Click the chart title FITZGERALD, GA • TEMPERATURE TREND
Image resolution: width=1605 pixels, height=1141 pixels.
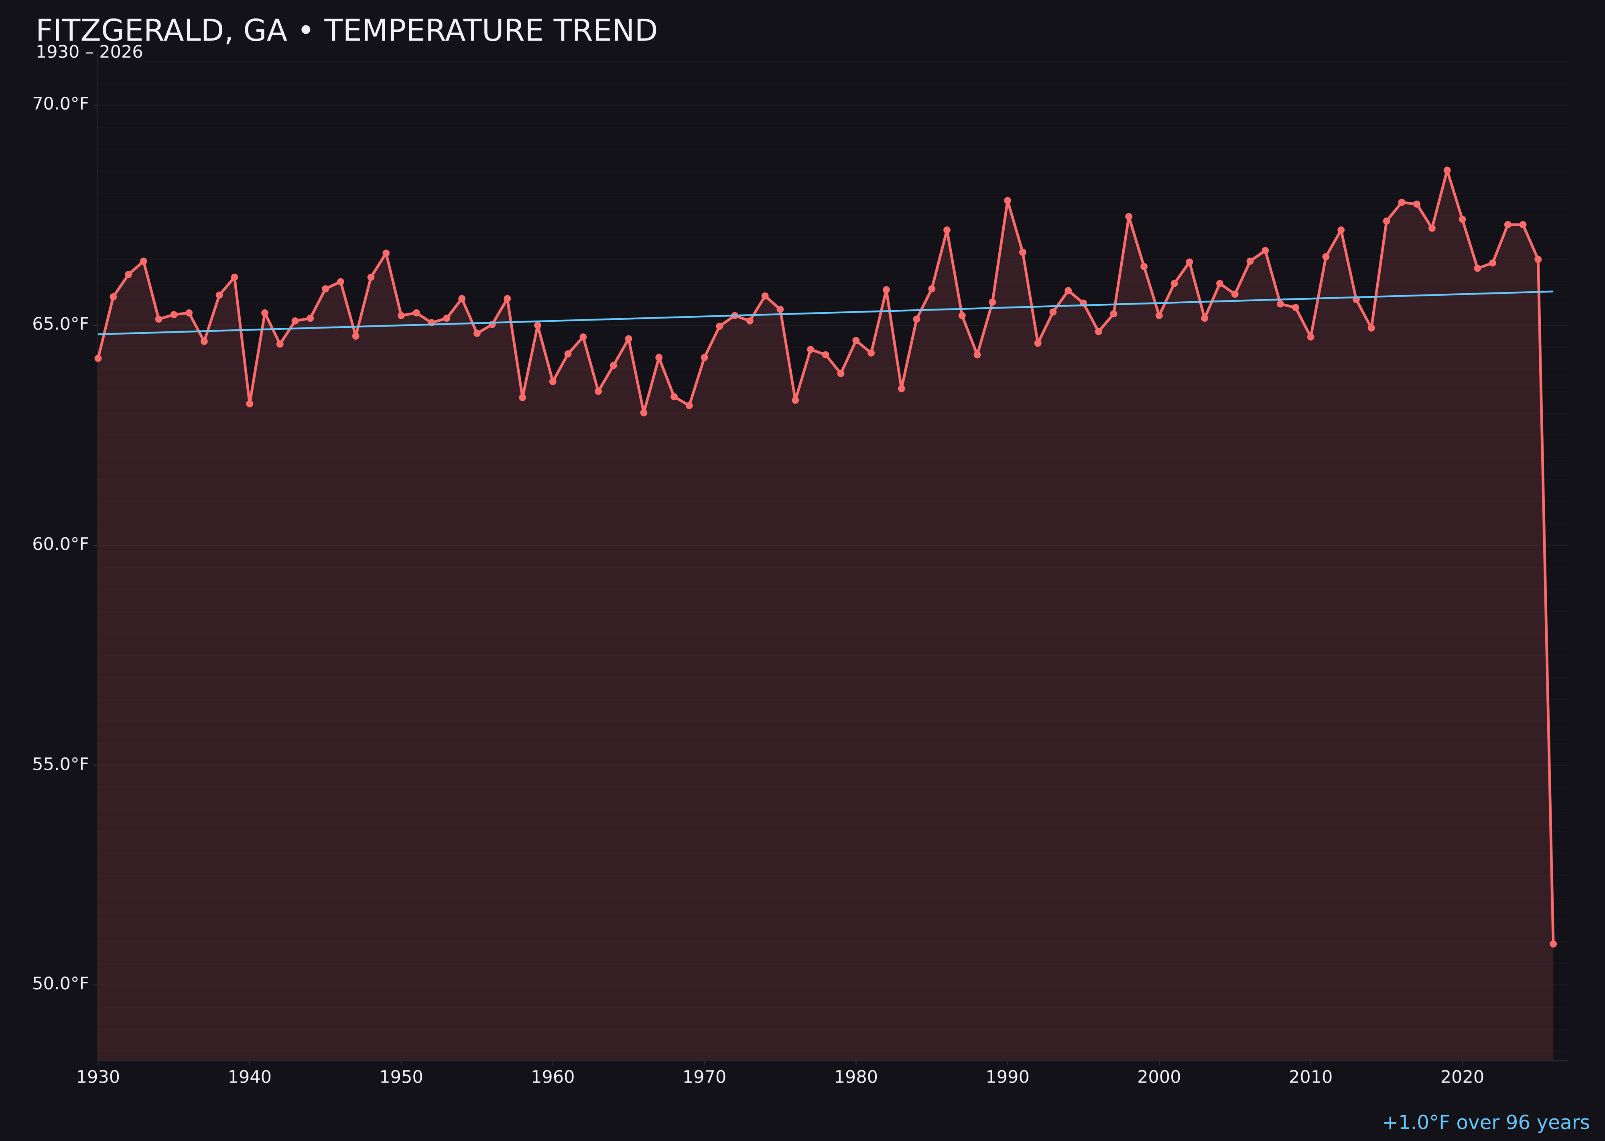(x=346, y=31)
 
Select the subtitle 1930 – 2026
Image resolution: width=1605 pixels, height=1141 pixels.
(x=89, y=53)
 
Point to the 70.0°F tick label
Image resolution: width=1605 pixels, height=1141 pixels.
(x=61, y=104)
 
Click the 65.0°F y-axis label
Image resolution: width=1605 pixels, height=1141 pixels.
(x=61, y=324)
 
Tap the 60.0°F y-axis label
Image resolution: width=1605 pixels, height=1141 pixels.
(x=61, y=544)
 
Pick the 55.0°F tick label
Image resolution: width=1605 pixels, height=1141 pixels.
(x=61, y=764)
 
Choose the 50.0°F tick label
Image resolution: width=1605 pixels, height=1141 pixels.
(x=61, y=983)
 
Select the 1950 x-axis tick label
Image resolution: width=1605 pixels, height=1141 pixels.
(x=401, y=1077)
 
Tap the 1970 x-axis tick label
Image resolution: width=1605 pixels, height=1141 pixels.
(x=704, y=1077)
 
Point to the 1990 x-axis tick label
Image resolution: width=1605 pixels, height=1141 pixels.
(x=1008, y=1077)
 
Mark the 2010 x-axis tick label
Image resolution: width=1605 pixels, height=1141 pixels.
(x=1310, y=1077)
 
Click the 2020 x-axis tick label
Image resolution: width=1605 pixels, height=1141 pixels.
(x=1462, y=1077)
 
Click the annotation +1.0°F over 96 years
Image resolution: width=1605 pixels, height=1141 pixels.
(x=1485, y=1123)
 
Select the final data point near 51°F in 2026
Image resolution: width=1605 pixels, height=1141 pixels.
(x=1553, y=944)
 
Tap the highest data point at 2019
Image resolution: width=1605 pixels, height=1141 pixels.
(x=1447, y=170)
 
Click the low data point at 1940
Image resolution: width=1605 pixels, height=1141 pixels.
(x=250, y=403)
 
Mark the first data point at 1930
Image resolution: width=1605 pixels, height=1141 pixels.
(x=98, y=358)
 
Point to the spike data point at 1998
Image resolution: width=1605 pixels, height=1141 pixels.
(x=1129, y=216)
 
